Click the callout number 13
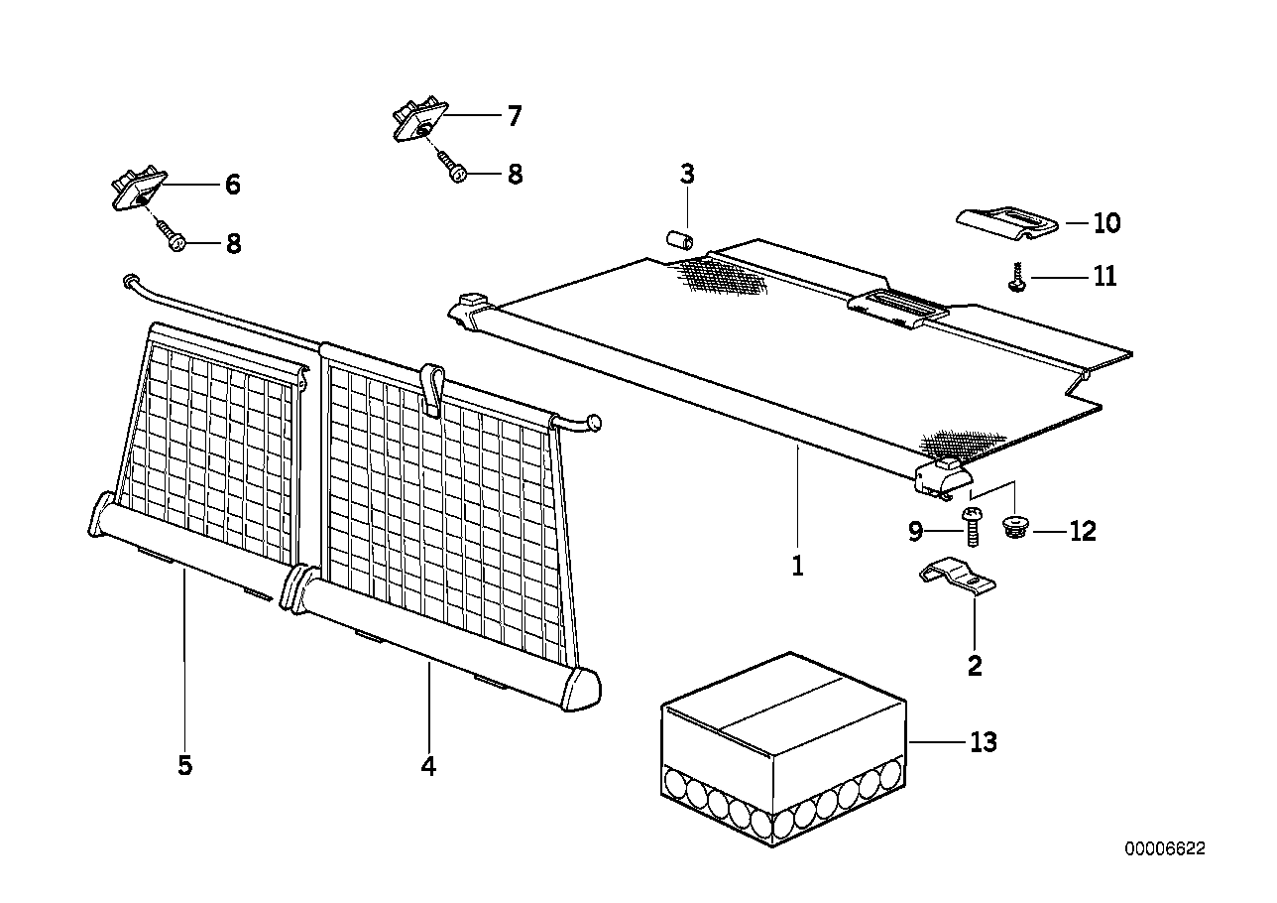pyautogui.click(x=985, y=742)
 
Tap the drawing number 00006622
pyautogui.click(x=1165, y=849)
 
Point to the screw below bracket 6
pyautogui.click(x=171, y=235)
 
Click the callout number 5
pyautogui.click(x=184, y=766)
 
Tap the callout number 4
pyautogui.click(x=428, y=766)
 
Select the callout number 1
pyautogui.click(x=797, y=567)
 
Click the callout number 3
pyautogui.click(x=687, y=176)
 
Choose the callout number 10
pyautogui.click(x=1105, y=223)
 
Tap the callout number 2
pyautogui.click(x=975, y=666)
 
